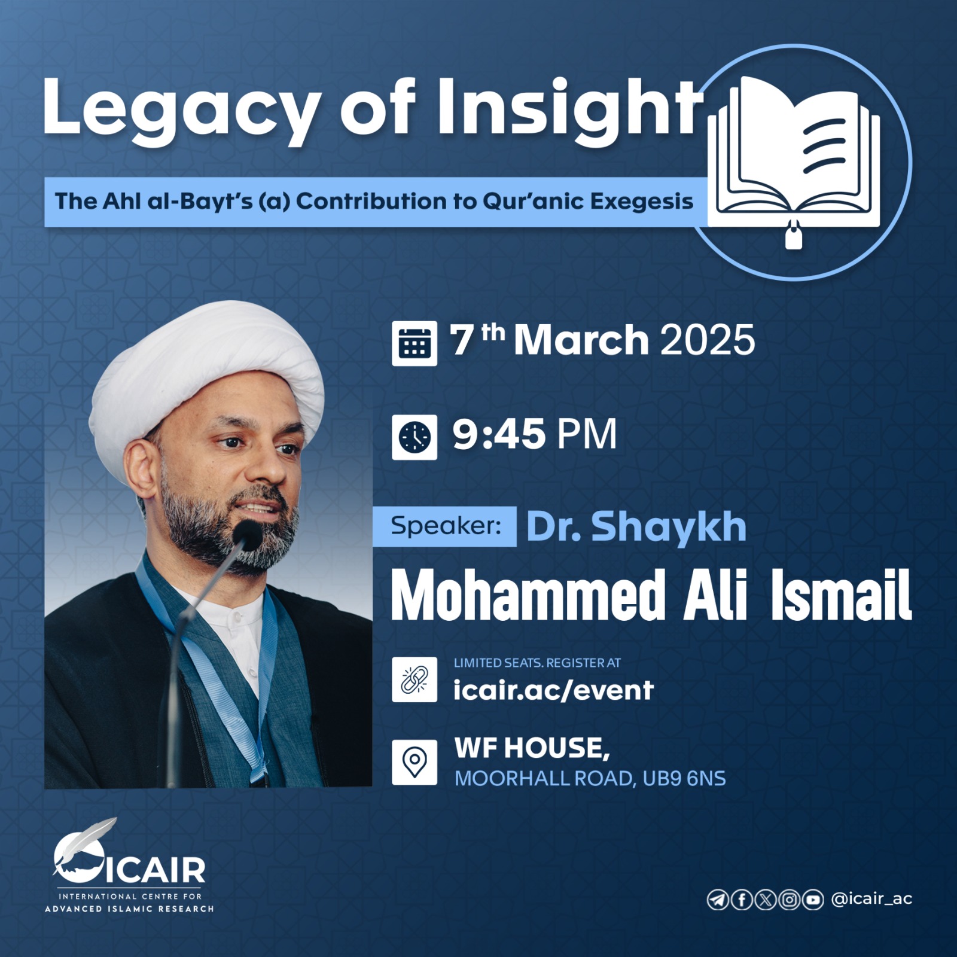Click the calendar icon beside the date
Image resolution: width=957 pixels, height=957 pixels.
pyautogui.click(x=415, y=343)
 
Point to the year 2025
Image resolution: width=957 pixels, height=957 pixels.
pyautogui.click(x=708, y=340)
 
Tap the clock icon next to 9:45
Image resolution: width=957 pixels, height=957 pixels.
pyautogui.click(x=415, y=437)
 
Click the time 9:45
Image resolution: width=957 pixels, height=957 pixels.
pyautogui.click(x=499, y=434)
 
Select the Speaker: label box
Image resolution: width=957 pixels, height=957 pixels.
pyautogui.click(x=444, y=526)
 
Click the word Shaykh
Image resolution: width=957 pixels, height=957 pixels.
pyautogui.click(x=669, y=528)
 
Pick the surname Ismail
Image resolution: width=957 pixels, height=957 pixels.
pyautogui.click(x=841, y=595)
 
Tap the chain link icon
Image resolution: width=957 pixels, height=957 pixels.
pyautogui.click(x=415, y=679)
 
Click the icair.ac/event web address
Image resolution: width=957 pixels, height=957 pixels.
pyautogui.click(x=553, y=690)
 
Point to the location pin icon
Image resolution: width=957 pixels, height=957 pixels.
pyautogui.click(x=415, y=762)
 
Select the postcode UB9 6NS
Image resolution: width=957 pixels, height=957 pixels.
pyautogui.click(x=684, y=779)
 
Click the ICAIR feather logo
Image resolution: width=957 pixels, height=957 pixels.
pyautogui.click(x=129, y=864)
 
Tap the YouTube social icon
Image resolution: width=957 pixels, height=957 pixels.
pyautogui.click(x=812, y=900)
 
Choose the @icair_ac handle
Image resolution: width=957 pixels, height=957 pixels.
pyautogui.click(x=871, y=899)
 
